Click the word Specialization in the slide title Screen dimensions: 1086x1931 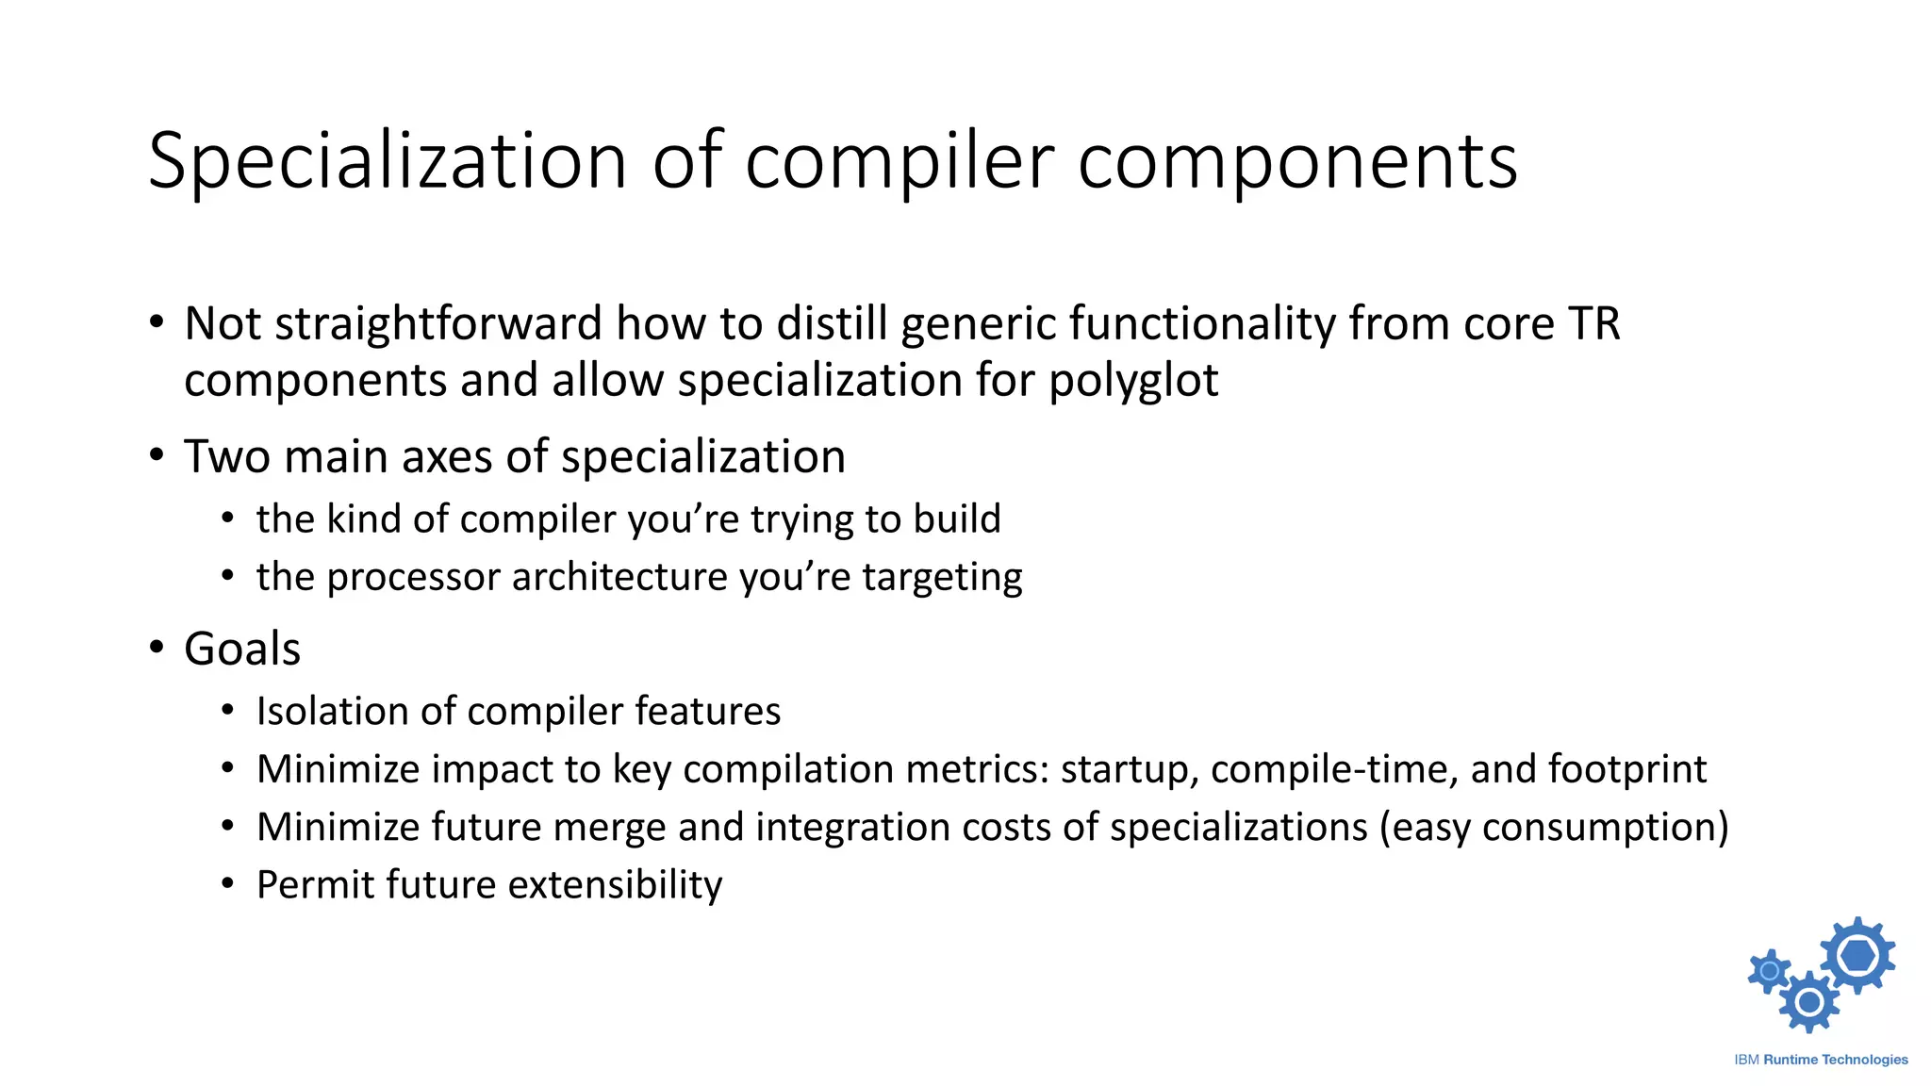pos(387,162)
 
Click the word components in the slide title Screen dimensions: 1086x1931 pos(1296,162)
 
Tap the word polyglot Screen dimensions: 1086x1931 pos(1133,382)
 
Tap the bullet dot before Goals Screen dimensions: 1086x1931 pos(157,648)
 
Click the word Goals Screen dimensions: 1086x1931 pos(242,650)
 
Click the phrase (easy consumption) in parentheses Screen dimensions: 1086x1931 pos(1554,828)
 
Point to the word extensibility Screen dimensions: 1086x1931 pos(615,885)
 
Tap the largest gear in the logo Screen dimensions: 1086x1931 pos(1857,956)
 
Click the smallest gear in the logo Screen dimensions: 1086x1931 pos(1770,971)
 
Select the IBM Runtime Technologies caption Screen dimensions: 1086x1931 pos(1821,1060)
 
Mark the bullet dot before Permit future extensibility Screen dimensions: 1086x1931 pos(227,884)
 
